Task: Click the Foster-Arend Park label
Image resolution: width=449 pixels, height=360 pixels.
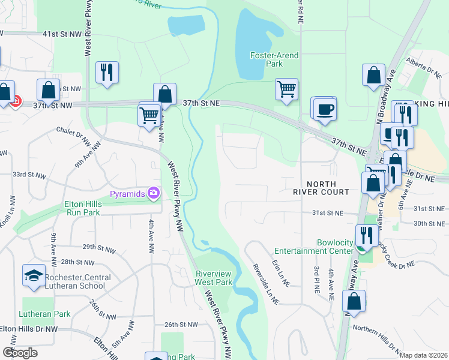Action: [274, 59]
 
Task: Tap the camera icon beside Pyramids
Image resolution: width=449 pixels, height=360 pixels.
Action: [154, 193]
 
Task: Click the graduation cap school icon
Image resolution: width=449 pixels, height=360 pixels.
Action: [33, 275]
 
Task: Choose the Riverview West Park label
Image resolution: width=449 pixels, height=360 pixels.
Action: [214, 278]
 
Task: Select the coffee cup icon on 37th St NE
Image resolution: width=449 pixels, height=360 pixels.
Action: [325, 109]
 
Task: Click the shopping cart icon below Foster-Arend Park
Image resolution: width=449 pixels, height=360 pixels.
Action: [286, 89]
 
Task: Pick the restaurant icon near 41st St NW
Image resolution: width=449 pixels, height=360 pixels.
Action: [107, 72]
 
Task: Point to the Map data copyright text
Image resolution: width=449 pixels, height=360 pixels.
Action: [423, 355]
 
